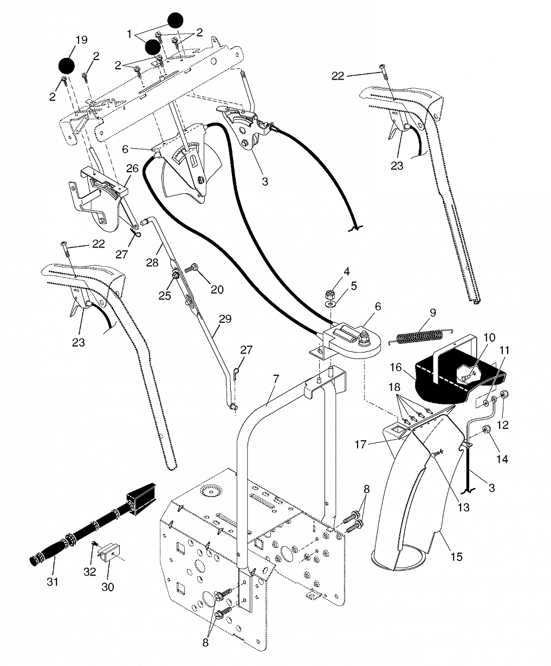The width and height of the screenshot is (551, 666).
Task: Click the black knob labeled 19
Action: coord(67,66)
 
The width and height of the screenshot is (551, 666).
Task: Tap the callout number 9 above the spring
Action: coord(433,312)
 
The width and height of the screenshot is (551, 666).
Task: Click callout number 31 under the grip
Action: coord(53,582)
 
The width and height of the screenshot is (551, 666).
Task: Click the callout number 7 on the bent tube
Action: coord(276,379)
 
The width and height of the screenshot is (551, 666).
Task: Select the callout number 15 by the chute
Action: coord(456,557)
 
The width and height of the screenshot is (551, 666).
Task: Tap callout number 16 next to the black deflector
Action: coord(396,367)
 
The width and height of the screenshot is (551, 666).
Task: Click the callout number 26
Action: coord(132,168)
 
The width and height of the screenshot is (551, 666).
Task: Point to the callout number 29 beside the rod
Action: coord(225,318)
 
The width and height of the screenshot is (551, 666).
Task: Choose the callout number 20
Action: coord(217,289)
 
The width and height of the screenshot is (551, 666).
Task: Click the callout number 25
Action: coord(165,296)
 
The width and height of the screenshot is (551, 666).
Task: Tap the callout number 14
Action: coord(502,459)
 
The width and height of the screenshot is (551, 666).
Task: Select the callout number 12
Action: coord(503,425)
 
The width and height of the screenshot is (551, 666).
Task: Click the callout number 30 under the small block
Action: coord(108,587)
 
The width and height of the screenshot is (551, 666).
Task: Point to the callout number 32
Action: coord(90,572)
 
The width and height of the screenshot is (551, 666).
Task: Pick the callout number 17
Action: coord(360,445)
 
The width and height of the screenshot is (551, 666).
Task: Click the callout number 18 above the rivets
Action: coord(394,387)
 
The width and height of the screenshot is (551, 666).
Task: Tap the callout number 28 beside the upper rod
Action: coord(152,262)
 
